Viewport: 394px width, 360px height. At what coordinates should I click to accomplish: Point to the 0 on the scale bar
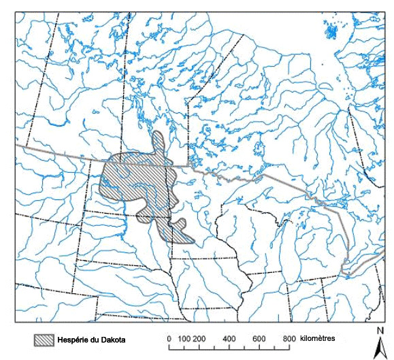(x=169, y=338)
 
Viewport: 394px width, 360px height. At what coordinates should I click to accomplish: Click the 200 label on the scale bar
(x=199, y=338)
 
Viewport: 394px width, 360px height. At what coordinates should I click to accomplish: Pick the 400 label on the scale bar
(x=229, y=338)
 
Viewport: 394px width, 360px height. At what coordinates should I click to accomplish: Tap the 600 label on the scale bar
(x=259, y=338)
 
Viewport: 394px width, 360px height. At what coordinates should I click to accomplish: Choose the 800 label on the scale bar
(x=289, y=338)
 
